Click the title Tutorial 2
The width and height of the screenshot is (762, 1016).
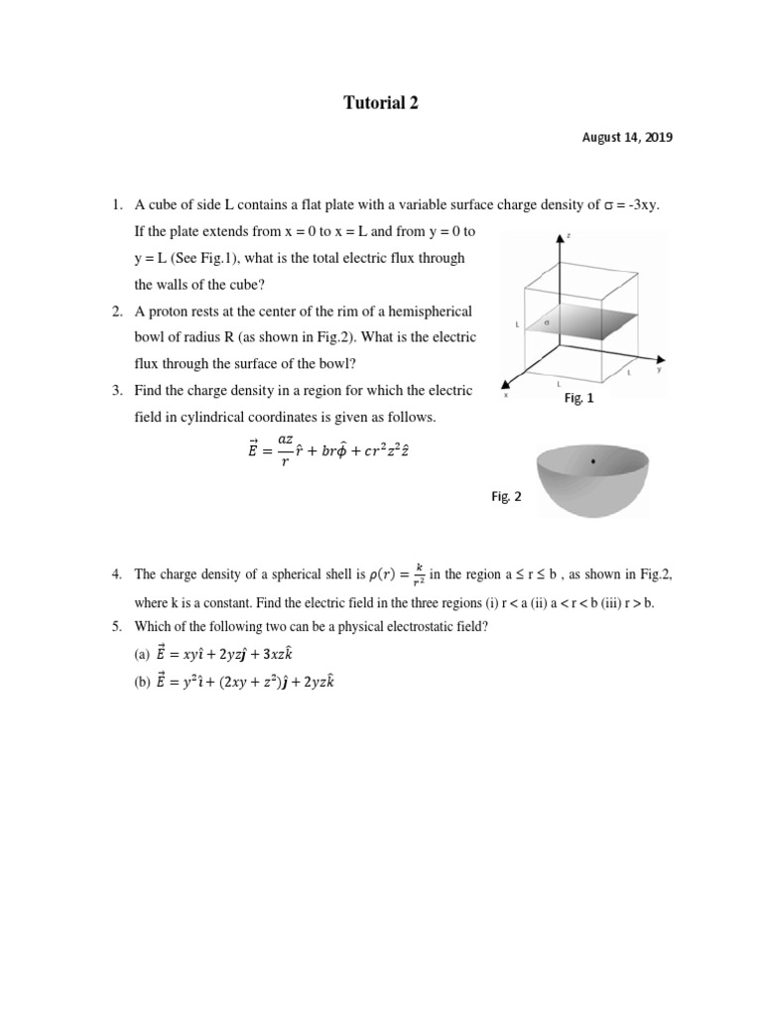tap(380, 103)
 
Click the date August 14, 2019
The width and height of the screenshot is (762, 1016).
tap(627, 138)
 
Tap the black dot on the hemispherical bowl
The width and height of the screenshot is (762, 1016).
tap(593, 462)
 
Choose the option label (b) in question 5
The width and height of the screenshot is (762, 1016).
tap(142, 682)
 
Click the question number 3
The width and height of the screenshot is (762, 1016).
tap(116, 390)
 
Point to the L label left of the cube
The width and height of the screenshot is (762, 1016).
tap(516, 324)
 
